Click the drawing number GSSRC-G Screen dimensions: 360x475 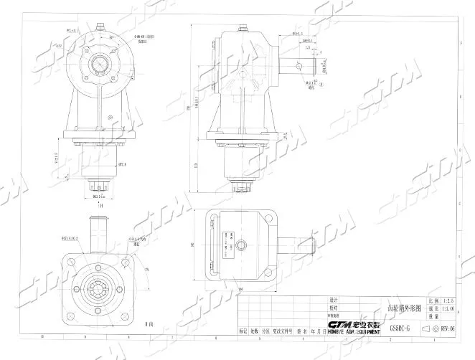[x=400, y=328]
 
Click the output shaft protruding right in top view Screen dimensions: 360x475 [x=301, y=248]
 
